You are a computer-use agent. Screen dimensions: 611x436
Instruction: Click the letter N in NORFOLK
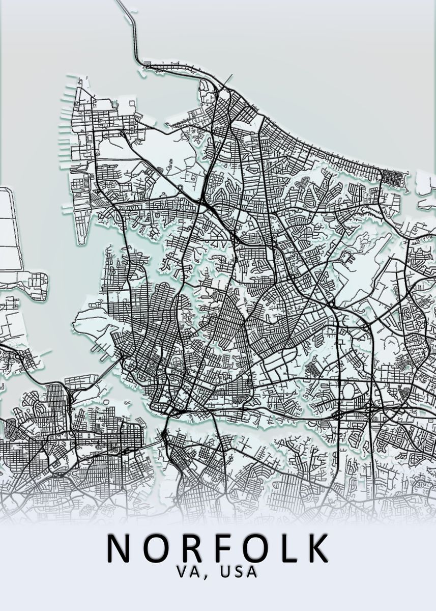[118, 547]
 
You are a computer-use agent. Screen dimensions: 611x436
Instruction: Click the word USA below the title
[239, 572]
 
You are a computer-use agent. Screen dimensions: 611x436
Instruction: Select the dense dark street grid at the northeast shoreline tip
[395, 178]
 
